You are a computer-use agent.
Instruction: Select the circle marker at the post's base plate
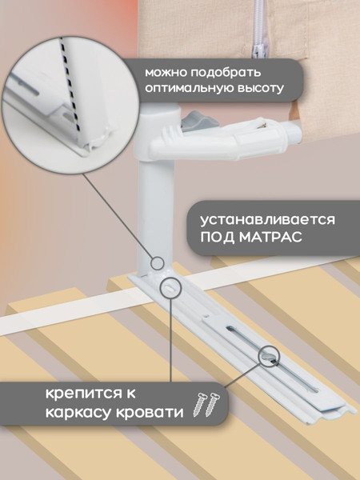coord(171,287)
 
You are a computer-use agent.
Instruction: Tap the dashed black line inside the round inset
coord(73,88)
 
